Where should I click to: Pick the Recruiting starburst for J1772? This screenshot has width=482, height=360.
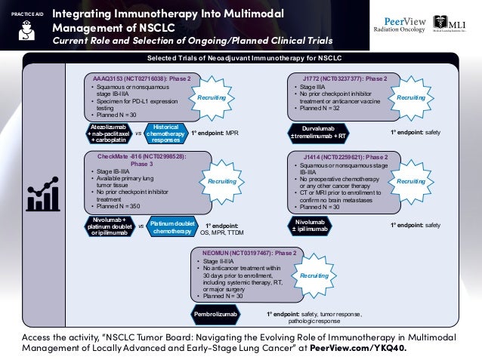coord(411,98)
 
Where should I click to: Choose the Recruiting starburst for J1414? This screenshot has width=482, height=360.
coord(411,182)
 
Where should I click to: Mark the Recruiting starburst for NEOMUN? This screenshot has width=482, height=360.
coord(315,277)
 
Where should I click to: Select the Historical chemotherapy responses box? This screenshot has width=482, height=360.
coord(165,134)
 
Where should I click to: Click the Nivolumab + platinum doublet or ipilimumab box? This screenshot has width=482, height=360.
coord(109,226)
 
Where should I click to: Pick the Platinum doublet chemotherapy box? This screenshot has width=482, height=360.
coord(172,226)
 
